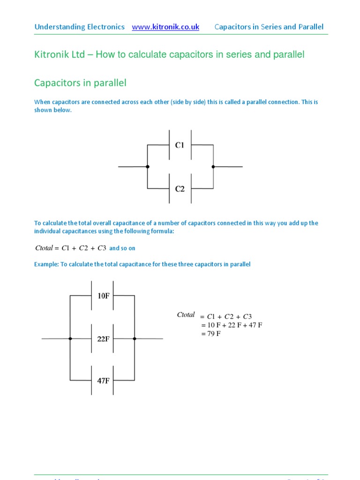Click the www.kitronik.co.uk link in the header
[165, 27]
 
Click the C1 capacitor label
[180, 145]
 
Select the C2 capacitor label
[180, 189]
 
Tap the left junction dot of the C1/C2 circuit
[148, 166]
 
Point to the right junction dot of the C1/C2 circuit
[213, 166]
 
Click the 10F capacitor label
[103, 296]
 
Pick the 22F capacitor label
[103, 338]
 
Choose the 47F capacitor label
[103, 381]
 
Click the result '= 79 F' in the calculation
[210, 334]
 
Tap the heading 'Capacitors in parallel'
[80, 83]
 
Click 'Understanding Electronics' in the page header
[80, 27]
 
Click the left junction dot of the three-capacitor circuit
[70, 338]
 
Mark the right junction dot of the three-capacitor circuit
[135, 338]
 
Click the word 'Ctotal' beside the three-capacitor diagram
[186, 315]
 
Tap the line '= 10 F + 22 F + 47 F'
[231, 325]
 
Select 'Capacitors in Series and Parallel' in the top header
[269, 27]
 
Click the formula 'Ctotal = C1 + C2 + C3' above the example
[71, 248]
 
